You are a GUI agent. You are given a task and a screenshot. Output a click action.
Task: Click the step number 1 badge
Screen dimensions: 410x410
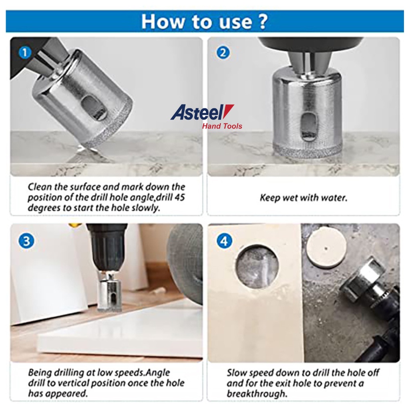point(25,52)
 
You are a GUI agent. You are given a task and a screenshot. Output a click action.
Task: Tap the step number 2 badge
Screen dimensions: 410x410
point(223,52)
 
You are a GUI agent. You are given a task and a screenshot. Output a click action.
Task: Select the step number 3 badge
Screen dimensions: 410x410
point(26,241)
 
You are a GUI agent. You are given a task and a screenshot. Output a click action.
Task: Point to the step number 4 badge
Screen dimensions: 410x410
point(224,241)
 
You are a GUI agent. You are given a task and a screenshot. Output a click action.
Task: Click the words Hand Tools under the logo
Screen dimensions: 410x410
point(222,126)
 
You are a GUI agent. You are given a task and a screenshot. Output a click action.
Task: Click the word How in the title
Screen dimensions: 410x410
point(163,22)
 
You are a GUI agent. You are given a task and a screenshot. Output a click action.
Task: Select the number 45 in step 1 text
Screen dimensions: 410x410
point(179,197)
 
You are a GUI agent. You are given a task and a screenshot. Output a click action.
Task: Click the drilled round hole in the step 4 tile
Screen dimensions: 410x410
point(257,267)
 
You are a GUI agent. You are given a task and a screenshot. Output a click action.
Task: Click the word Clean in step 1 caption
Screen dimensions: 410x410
point(40,187)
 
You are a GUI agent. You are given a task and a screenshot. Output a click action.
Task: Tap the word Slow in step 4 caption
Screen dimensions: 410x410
point(237,373)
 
